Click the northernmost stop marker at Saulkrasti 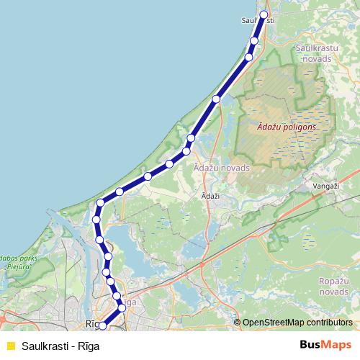[x=264, y=14]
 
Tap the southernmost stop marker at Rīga [x=102, y=325]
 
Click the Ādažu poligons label [x=287, y=127]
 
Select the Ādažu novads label [x=222, y=167]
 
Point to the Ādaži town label [x=210, y=196]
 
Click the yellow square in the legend [x=10, y=346]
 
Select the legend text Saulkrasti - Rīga [x=60, y=346]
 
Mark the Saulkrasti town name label [x=258, y=21]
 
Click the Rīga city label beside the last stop [x=91, y=324]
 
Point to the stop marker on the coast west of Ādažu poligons [x=216, y=99]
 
